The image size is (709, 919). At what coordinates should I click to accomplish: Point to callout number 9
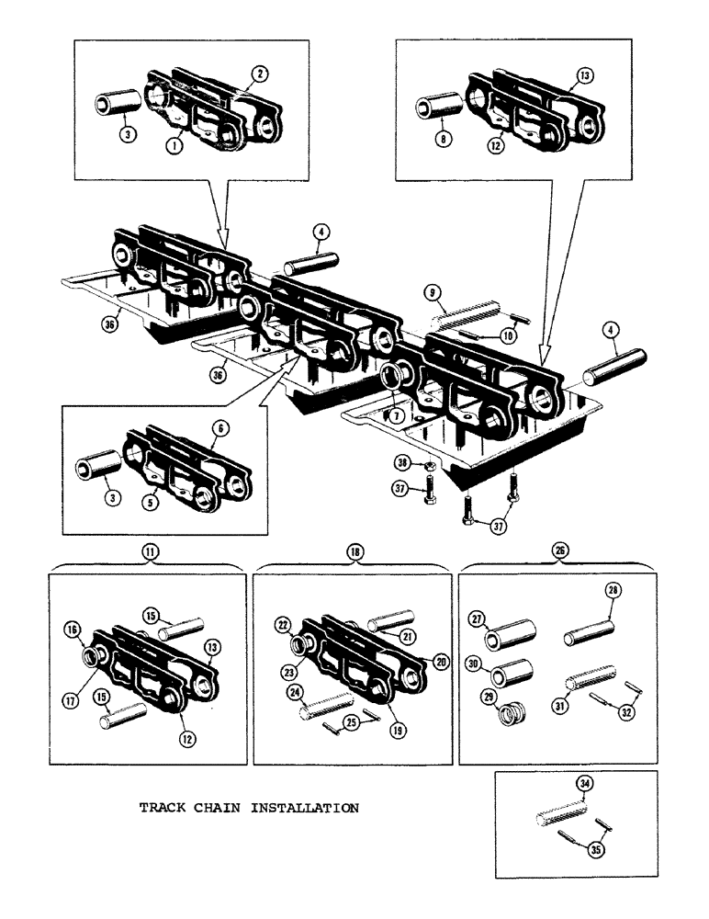tap(430, 294)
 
